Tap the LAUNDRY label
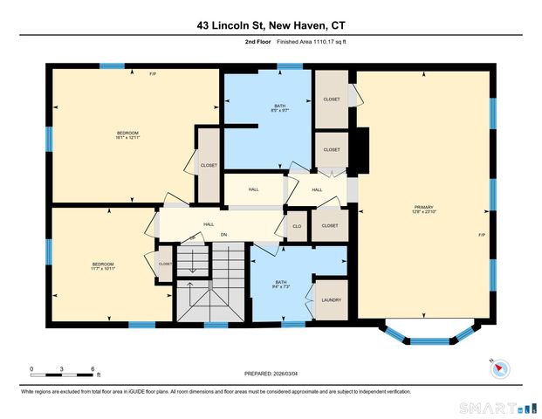[331, 300]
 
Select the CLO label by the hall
[297, 226]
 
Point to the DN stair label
[223, 235]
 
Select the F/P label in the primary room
[481, 236]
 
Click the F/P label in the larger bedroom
[154, 73]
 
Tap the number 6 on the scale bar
[93, 367]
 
